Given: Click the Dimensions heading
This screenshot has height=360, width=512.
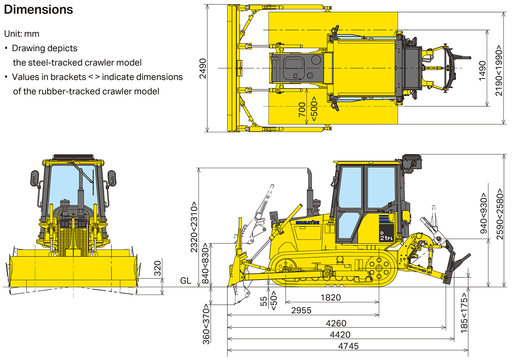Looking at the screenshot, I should [38, 10].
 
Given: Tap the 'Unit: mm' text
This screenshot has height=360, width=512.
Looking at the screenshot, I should [22, 34].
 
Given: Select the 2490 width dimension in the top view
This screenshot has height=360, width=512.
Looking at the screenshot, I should [203, 68].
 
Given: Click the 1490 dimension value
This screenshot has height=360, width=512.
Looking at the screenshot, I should [482, 71].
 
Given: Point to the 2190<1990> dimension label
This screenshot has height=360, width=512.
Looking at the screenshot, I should [499, 71].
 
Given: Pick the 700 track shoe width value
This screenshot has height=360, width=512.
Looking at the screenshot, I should [302, 110].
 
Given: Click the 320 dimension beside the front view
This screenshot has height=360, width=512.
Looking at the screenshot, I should [157, 269].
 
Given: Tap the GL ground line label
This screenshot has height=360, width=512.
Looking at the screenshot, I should [185, 281].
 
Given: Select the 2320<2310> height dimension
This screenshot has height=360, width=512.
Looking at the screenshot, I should [194, 227].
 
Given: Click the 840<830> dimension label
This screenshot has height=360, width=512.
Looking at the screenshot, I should [206, 263].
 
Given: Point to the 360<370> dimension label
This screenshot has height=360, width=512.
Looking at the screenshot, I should [206, 324].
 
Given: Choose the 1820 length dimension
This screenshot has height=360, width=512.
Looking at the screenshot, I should [331, 298].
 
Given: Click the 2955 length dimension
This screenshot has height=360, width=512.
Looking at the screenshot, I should [301, 311].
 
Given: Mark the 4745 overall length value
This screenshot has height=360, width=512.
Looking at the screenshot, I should [348, 346].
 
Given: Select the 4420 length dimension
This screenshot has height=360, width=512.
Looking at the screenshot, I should [340, 335].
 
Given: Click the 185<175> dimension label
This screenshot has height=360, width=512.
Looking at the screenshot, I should [464, 313].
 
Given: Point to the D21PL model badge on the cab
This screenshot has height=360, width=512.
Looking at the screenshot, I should [386, 236].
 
